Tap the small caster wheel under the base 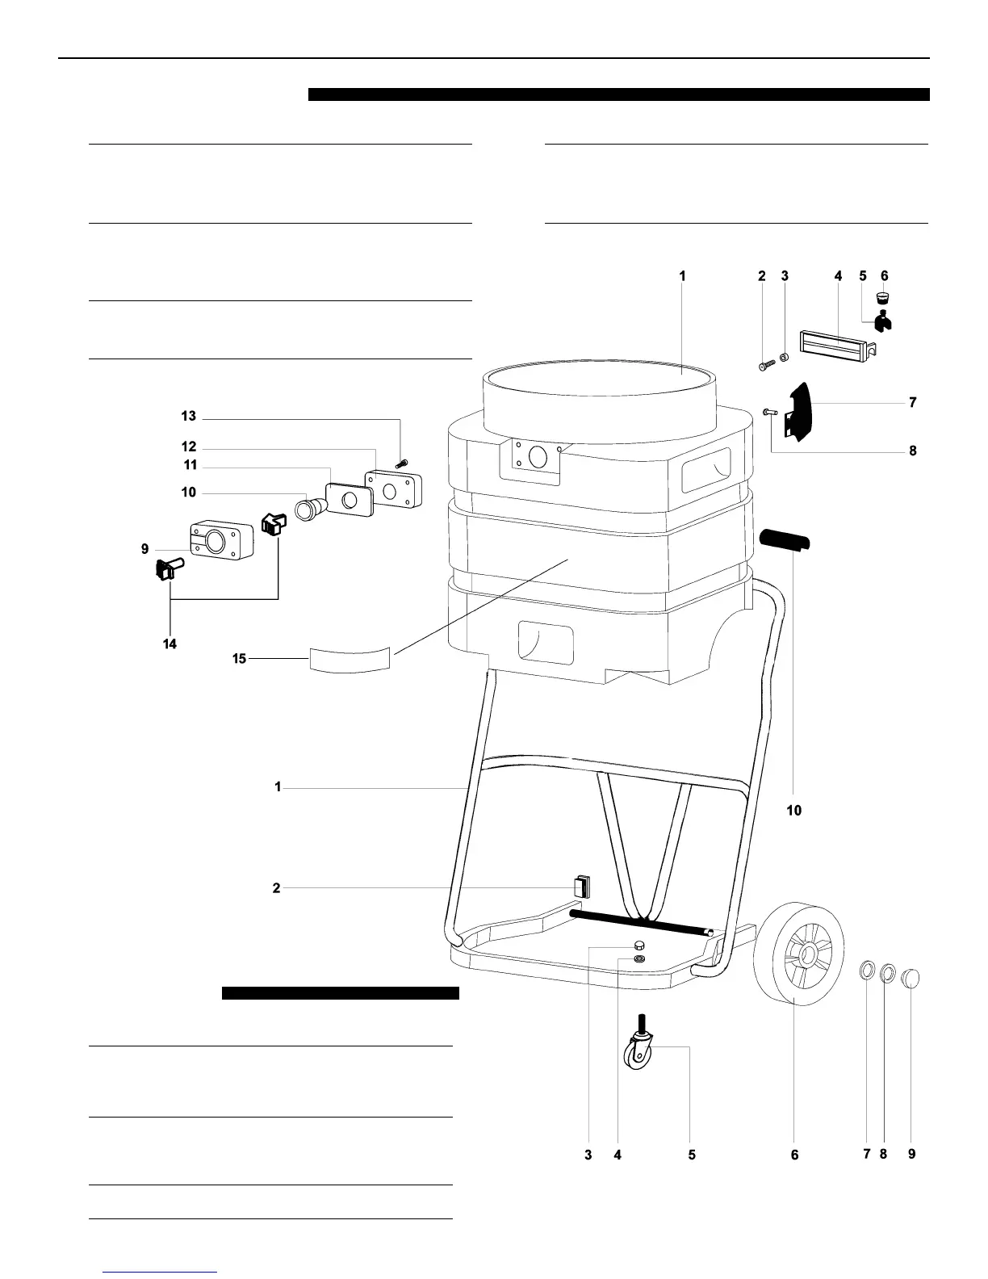(638, 1055)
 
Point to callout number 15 (239, 659)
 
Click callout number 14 (170, 644)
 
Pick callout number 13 (188, 417)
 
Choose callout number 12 (188, 447)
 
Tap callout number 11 (190, 465)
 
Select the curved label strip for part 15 (350, 658)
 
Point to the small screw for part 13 (401, 463)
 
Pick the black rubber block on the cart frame (581, 886)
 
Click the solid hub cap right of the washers (910, 979)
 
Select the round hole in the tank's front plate (534, 458)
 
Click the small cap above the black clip (884, 300)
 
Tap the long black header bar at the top (619, 94)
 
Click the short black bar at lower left (340, 993)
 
